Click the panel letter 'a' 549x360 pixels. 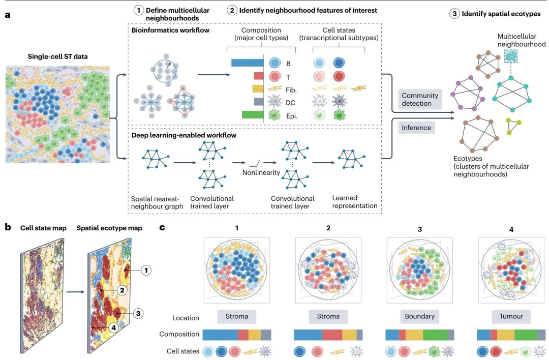coord(7,14)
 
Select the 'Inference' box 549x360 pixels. coord(416,128)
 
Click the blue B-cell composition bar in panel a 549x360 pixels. coord(246,63)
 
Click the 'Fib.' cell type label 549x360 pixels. coord(291,89)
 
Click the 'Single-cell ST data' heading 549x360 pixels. coord(57,56)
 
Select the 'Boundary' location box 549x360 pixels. coord(419,316)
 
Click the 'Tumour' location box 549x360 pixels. coord(511,316)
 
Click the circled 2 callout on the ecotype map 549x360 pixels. coord(121,290)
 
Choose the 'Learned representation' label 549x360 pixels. coord(355,202)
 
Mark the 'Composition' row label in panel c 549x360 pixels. coord(179,334)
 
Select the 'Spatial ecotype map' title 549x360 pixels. coord(109,228)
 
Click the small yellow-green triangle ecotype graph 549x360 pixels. coord(514,125)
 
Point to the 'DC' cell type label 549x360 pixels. coord(290,102)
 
